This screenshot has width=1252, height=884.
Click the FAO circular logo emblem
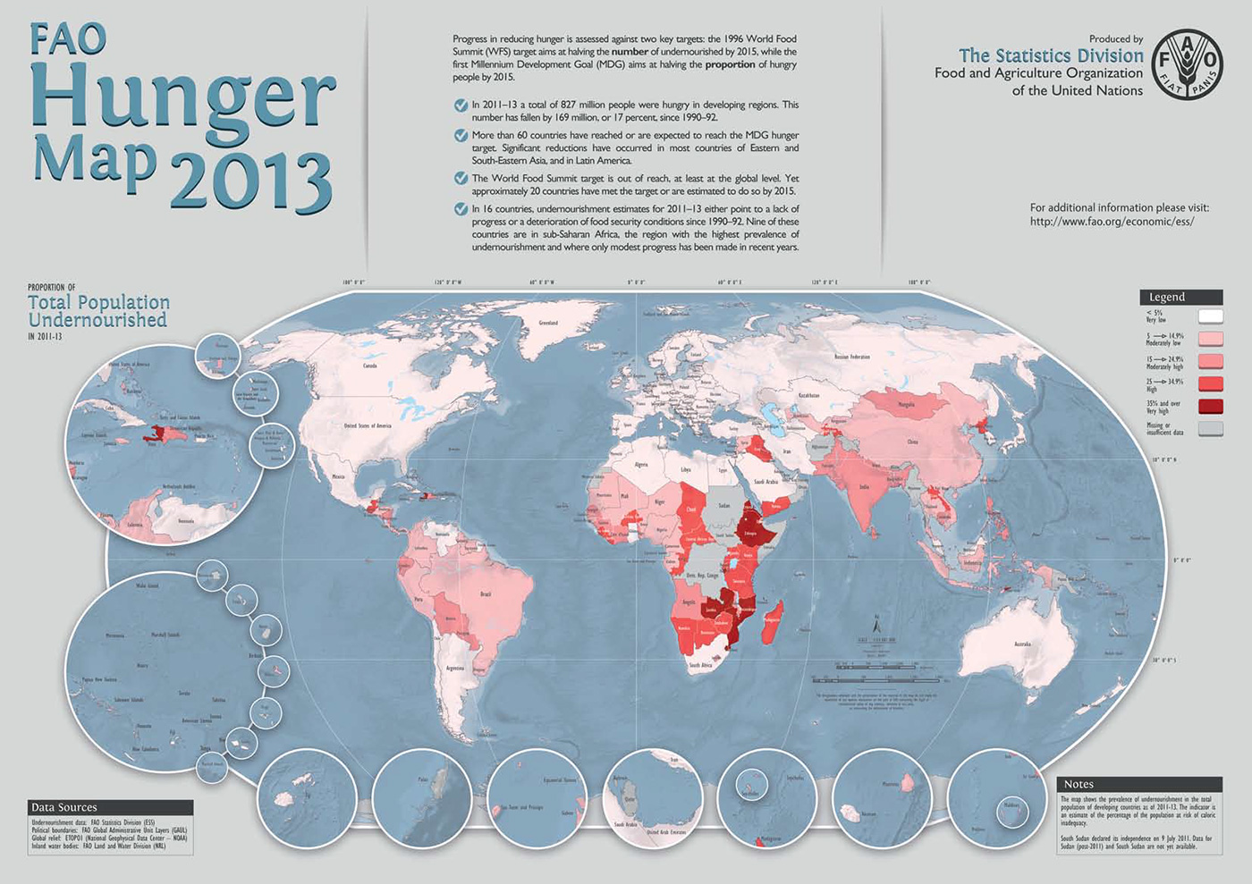[x=1187, y=64]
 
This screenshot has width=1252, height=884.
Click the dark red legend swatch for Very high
[x=1210, y=407]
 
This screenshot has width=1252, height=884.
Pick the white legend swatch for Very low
[x=1210, y=316]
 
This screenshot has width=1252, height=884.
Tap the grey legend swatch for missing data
[x=1210, y=429]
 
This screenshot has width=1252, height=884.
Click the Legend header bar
[x=1180, y=297]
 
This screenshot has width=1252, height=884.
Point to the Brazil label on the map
[x=486, y=594]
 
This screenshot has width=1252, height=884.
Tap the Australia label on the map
[x=1022, y=644]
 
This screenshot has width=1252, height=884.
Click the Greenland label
[x=548, y=323]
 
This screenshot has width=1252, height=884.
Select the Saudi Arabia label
[x=766, y=481]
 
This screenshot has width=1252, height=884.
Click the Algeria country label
[x=640, y=465]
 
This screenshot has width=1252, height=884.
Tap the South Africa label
[x=700, y=665]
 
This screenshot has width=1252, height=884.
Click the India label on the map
[x=864, y=487]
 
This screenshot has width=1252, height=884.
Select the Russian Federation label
[x=851, y=357]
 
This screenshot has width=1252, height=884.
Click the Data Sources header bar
[x=109, y=807]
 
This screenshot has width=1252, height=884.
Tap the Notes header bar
[x=1138, y=784]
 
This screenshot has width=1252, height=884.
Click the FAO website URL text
[x=1112, y=222]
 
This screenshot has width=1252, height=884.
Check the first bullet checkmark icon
[x=461, y=105]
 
